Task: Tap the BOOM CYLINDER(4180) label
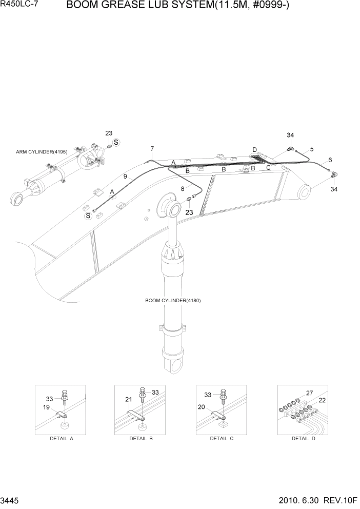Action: click(173, 301)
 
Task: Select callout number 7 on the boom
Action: click(152, 149)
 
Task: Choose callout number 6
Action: click(330, 160)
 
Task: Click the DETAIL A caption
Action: click(61, 439)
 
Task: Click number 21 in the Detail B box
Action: click(129, 399)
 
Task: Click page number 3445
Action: click(11, 501)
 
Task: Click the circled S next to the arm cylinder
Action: click(116, 142)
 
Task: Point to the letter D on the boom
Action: click(254, 149)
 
